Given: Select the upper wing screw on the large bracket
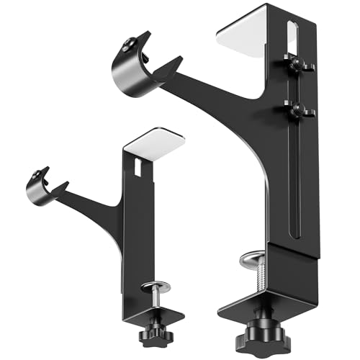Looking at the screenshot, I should click(296, 63).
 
